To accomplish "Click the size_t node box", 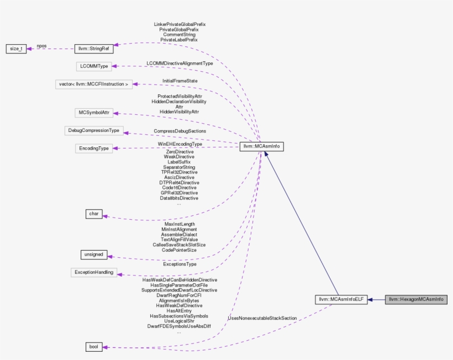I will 15,49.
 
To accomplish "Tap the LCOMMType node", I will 93,66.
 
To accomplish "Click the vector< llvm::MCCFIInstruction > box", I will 93,84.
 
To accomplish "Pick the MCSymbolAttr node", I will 93,113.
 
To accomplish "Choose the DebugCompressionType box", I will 93,131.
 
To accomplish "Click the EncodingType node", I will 93,148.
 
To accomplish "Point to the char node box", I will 93,214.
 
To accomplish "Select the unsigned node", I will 93,255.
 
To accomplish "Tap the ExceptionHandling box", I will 93,272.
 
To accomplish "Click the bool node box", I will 93,347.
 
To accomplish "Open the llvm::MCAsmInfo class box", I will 261,146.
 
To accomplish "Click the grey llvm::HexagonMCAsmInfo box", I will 416,299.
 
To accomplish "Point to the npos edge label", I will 41,46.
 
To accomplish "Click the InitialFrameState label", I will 180,81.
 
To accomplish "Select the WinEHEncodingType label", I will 180,144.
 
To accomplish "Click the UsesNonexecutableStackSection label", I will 262,319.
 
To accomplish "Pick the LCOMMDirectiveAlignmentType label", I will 180,63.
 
